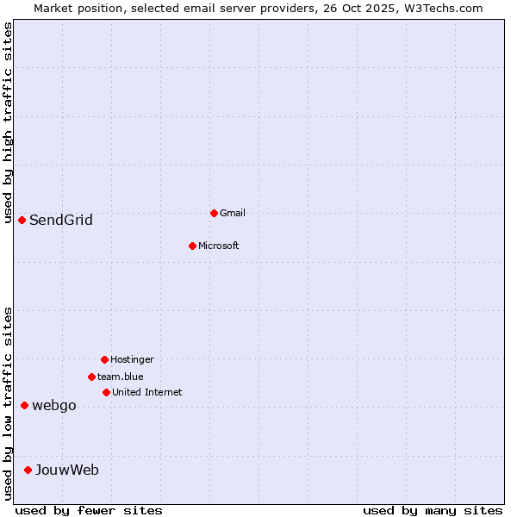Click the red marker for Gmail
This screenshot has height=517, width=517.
click(214, 213)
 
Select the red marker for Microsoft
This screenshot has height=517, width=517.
click(192, 246)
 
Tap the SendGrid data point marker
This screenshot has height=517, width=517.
click(22, 220)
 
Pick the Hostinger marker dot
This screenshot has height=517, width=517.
click(104, 359)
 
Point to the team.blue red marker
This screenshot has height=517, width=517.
click(91, 377)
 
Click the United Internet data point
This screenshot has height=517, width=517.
click(106, 392)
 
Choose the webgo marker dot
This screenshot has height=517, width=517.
click(24, 405)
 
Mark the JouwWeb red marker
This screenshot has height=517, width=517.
click(28, 470)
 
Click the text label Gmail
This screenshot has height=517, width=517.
click(233, 213)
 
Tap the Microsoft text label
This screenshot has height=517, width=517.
click(219, 246)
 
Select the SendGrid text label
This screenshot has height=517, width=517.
click(61, 220)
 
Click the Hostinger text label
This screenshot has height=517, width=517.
click(132, 359)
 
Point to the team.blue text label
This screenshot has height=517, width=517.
click(121, 377)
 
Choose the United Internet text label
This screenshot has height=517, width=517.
click(147, 392)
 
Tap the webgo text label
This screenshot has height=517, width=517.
click(54, 406)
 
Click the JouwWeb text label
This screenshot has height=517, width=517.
click(67, 470)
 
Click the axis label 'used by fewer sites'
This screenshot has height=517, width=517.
click(89, 510)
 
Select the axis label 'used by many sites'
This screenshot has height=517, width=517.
click(433, 510)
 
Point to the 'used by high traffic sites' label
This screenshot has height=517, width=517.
click(8, 122)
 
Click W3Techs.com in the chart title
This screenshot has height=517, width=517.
click(443, 8)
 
